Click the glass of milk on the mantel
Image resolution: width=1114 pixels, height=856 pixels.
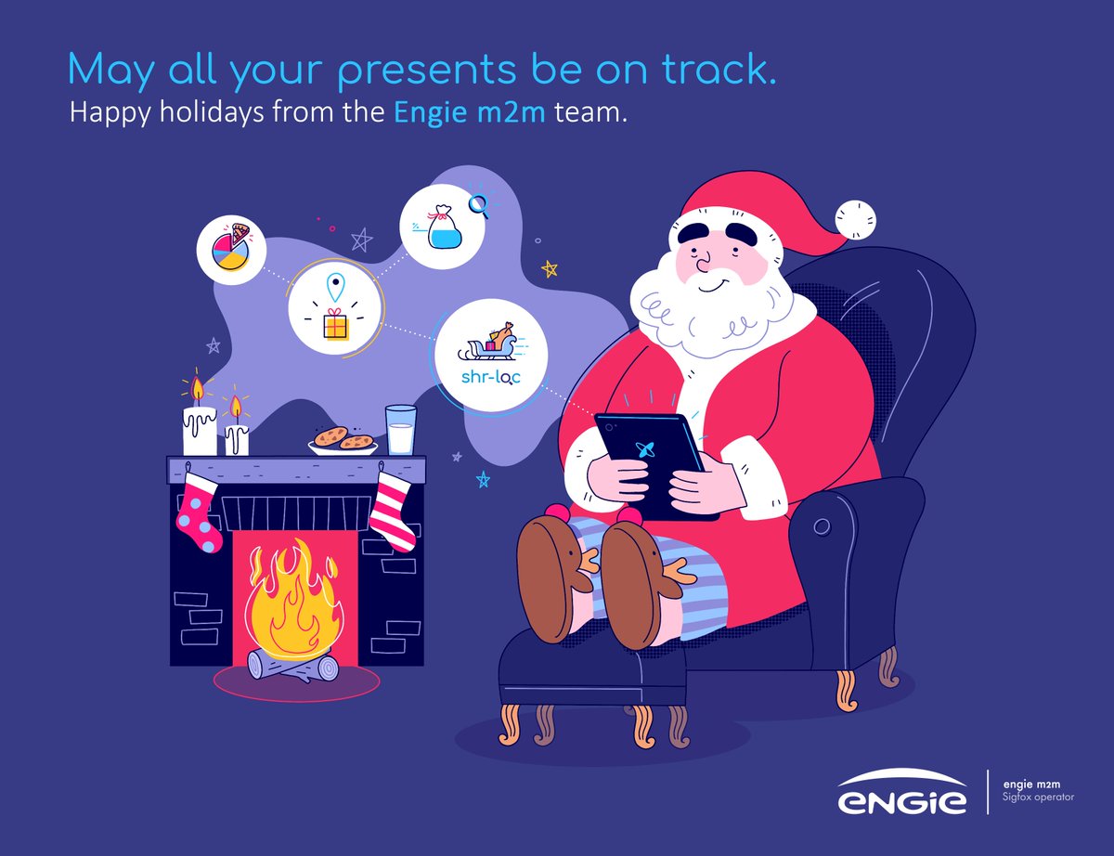[401, 430]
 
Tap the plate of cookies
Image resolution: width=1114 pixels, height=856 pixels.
[343, 439]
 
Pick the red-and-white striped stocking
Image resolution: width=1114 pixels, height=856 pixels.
[394, 511]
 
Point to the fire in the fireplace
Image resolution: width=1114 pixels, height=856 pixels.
[291, 599]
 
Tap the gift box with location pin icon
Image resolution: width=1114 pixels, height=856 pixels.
[334, 310]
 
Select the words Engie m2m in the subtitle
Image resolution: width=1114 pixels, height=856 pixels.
[469, 113]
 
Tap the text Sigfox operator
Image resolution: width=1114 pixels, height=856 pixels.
[1039, 798]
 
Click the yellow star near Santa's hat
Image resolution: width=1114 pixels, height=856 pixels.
[550, 269]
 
